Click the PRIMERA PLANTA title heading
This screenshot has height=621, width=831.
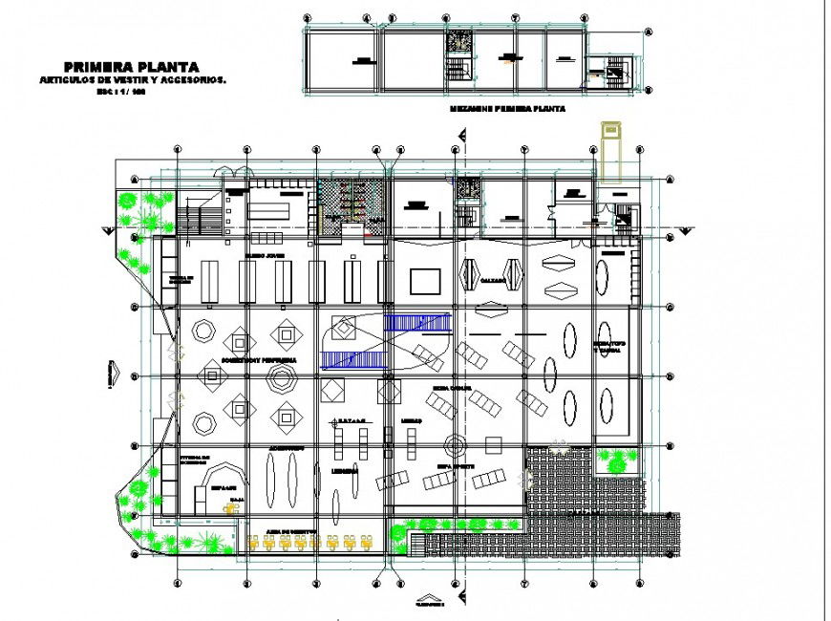click(x=131, y=67)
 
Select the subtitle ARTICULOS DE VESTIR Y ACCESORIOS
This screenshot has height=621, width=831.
click(x=131, y=80)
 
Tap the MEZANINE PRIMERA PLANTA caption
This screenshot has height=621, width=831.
click(x=507, y=110)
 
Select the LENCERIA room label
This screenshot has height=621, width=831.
click(x=345, y=470)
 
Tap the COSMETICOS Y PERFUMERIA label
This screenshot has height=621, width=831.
click(x=258, y=361)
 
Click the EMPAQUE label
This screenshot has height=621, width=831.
click(x=210, y=485)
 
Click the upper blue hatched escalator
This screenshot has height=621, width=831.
click(x=416, y=323)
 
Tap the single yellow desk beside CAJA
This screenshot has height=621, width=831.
click(x=229, y=509)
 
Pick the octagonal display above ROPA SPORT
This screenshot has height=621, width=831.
click(x=456, y=444)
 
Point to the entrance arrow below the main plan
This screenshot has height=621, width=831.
click(x=430, y=603)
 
